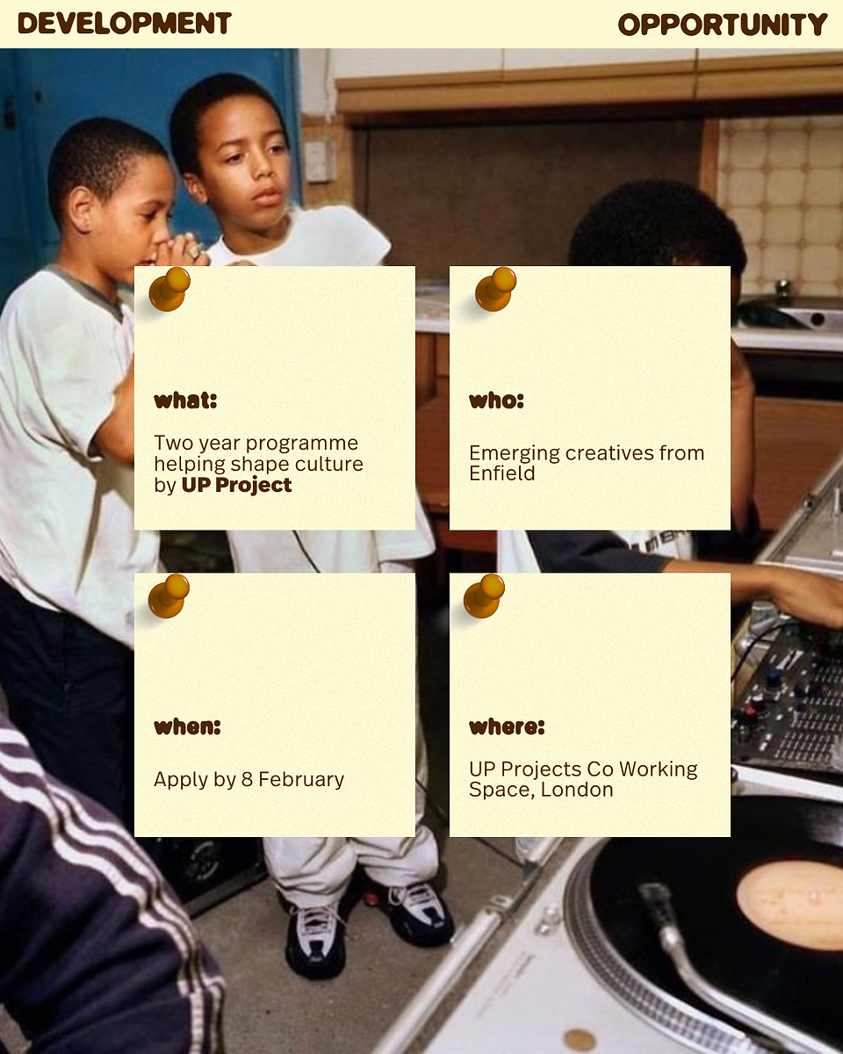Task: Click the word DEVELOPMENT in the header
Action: (125, 24)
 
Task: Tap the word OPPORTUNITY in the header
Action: (723, 25)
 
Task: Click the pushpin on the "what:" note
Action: (169, 289)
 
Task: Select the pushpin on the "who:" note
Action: (495, 289)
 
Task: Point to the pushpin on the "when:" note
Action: (169, 596)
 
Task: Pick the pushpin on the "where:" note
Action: (484, 596)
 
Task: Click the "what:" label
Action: (185, 401)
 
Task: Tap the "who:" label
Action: (496, 401)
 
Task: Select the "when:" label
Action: (187, 726)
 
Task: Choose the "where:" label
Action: (507, 726)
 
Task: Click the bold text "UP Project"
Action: (236, 485)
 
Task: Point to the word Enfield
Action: (502, 473)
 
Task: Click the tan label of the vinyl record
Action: (789, 904)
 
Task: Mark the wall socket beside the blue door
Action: (317, 161)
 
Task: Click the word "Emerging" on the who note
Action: (515, 454)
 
